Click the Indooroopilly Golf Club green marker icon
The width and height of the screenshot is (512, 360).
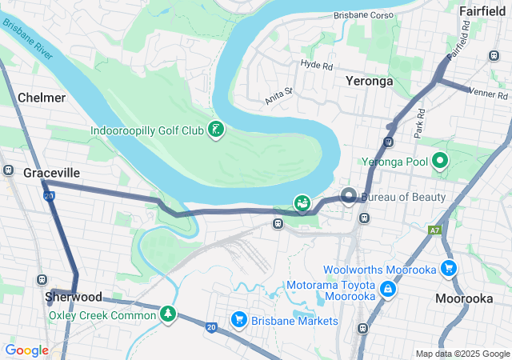[214, 130]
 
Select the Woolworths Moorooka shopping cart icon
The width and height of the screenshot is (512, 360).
[449, 270]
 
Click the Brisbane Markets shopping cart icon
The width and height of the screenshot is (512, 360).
[238, 320]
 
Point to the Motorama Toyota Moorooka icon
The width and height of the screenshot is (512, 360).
[387, 289]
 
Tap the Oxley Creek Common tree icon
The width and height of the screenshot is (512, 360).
[167, 314]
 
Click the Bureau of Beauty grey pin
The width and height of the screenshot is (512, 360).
[349, 195]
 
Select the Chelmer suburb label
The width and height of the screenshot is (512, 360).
[41, 97]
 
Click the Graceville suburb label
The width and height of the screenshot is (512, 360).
[51, 173]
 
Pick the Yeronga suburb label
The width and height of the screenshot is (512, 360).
[370, 81]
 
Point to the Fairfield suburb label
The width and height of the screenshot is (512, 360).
[483, 10]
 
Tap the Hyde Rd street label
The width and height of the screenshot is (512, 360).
[315, 63]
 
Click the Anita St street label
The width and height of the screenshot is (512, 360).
[279, 96]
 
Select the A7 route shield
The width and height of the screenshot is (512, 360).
[434, 230]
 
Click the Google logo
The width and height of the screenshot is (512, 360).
[27, 350]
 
